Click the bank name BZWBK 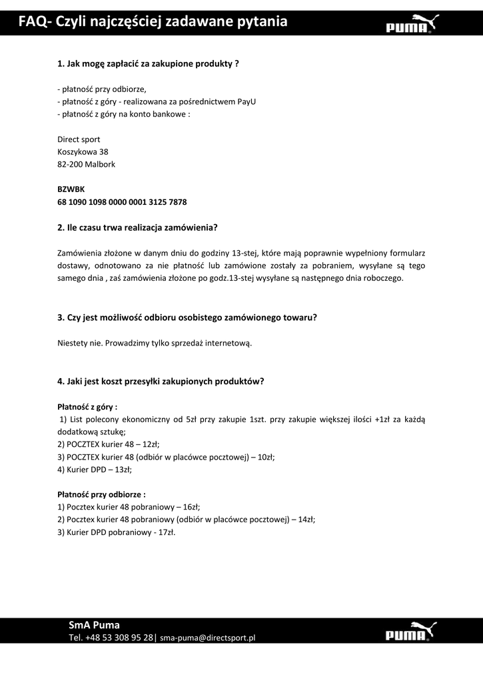tap(71, 189)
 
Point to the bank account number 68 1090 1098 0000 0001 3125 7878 tap(122, 201)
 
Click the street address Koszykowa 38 tap(83, 151)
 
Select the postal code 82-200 tap(70, 164)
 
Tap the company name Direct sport tap(79, 139)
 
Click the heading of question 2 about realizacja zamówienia tap(138, 227)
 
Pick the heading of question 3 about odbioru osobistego tap(187, 317)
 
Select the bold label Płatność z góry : tap(87, 406)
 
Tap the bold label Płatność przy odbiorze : tap(101, 494)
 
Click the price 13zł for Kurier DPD tap(123, 470)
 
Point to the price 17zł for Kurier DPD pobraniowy tap(166, 532)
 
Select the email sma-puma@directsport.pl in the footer tap(208, 638)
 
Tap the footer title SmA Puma tap(94, 625)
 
